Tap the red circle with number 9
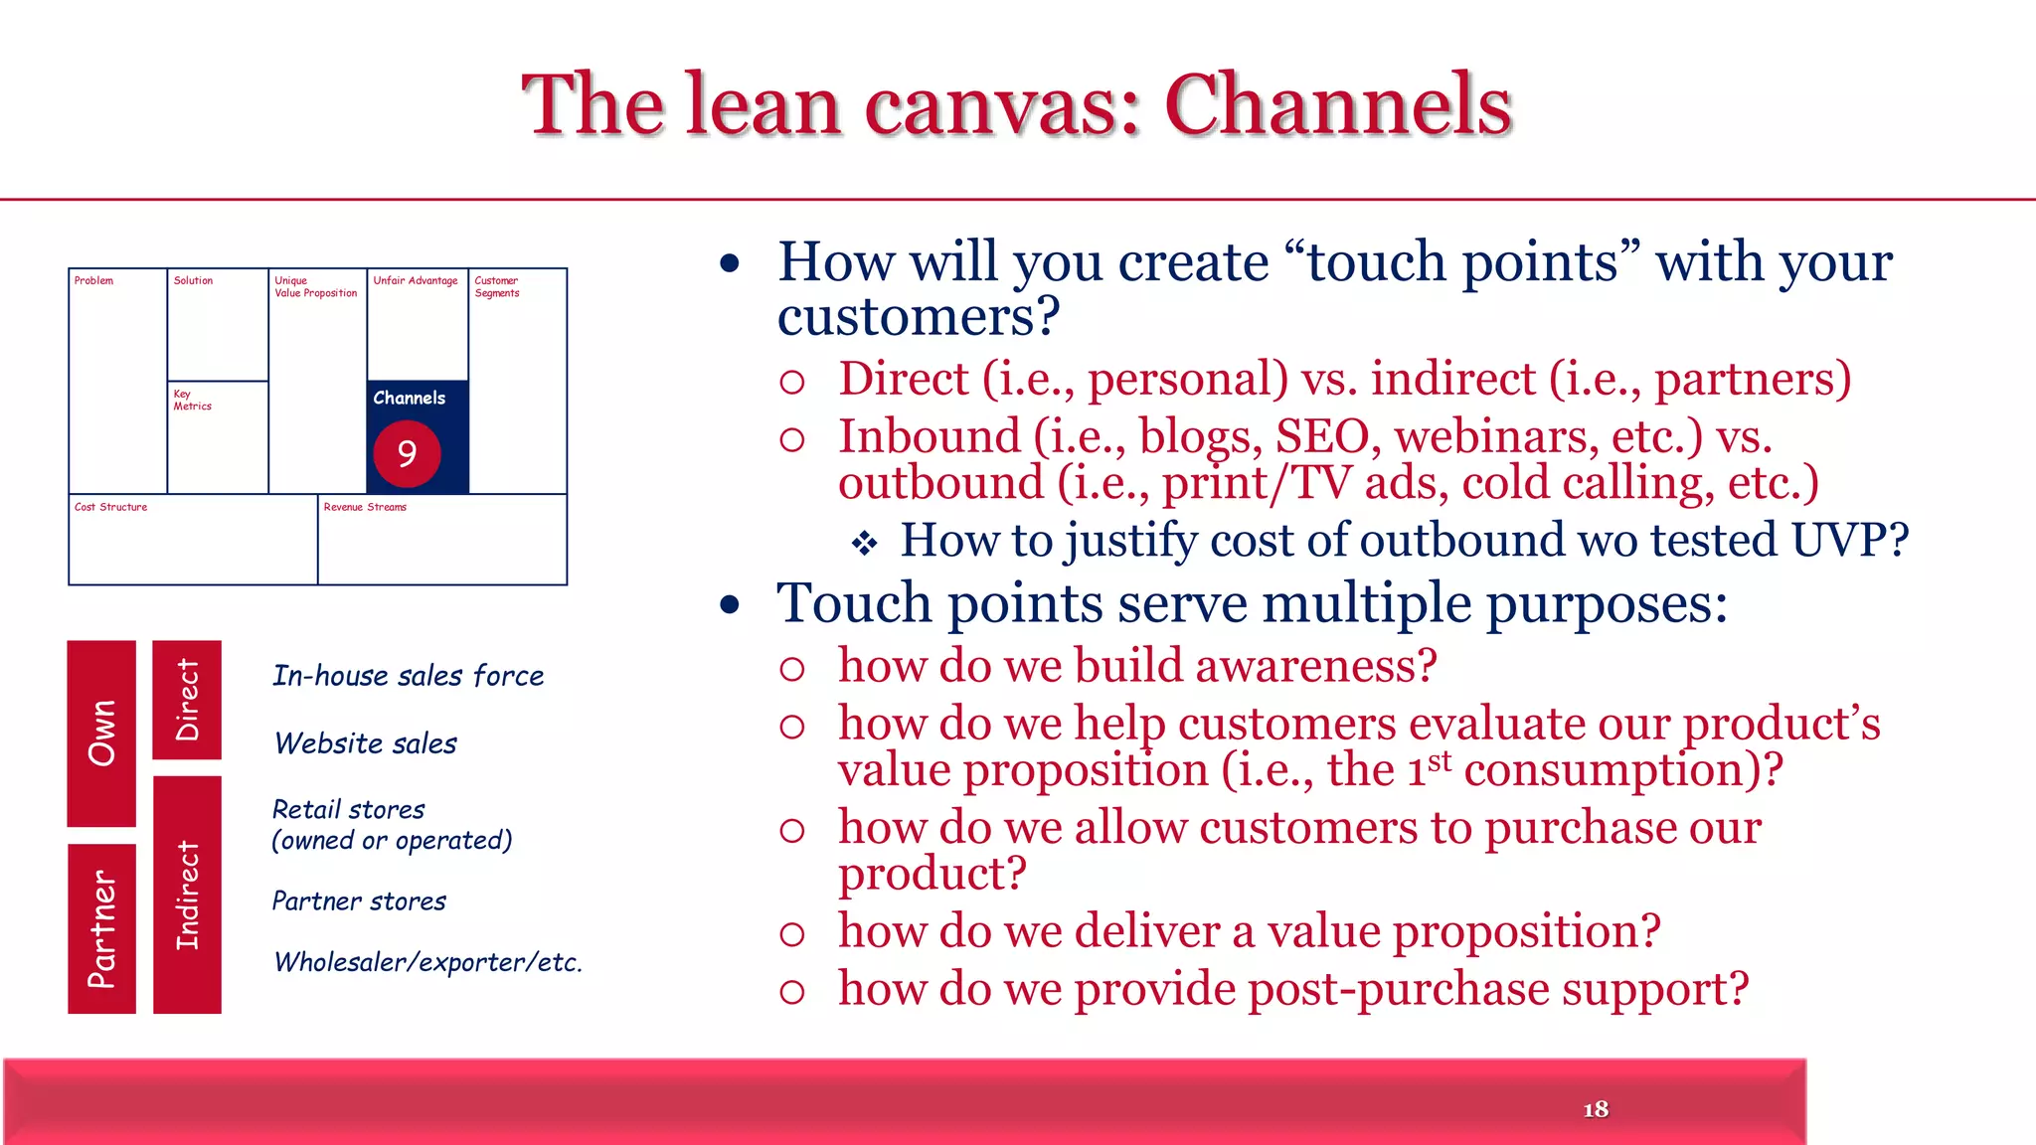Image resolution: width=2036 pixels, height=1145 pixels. point(407,454)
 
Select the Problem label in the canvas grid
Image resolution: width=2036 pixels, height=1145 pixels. point(94,281)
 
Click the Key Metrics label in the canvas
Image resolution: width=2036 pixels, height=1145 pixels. point(192,400)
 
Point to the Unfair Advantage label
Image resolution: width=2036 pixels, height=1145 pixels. point(416,281)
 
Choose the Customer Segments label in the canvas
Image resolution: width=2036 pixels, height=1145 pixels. point(497,287)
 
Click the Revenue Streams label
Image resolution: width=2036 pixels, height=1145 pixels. point(365,507)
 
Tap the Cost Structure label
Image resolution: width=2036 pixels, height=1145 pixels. point(110,507)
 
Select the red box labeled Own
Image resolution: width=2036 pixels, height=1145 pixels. point(101,734)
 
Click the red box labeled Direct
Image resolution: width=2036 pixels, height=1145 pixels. point(187,700)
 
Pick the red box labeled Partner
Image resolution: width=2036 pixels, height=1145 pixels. point(101,928)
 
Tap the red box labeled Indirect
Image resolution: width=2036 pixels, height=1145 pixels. point(187,895)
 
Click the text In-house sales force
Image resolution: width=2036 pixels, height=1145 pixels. point(408,676)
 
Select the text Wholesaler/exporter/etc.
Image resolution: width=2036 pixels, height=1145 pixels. point(427,962)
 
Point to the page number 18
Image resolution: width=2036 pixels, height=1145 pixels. point(1595,1109)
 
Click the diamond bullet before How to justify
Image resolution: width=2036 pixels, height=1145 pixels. point(864,543)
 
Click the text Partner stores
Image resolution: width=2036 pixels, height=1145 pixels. point(359,901)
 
